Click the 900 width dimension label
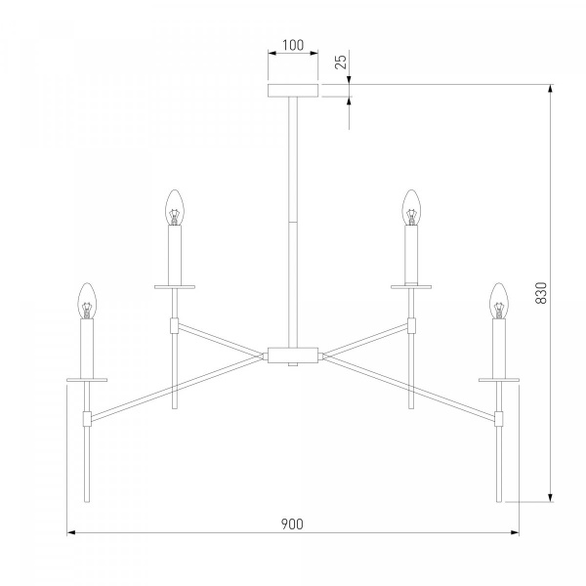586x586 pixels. pos(292,523)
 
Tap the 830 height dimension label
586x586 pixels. pos(541,293)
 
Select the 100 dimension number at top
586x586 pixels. pos(293,45)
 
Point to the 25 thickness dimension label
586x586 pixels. pos(341,62)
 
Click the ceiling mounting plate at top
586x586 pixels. pos(293,91)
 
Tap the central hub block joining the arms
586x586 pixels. pos(293,355)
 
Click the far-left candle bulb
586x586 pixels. pos(87,301)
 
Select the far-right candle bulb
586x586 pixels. pos(499,301)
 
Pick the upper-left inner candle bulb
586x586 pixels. pos(175,207)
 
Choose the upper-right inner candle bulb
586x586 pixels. pos(411,207)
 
